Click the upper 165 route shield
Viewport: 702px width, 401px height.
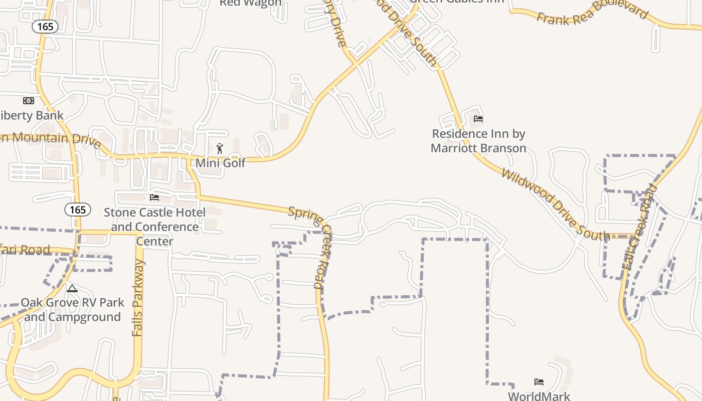point(45,27)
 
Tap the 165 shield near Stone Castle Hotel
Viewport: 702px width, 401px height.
point(78,210)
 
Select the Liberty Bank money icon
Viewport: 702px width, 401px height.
point(29,101)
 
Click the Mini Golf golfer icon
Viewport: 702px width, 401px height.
point(220,148)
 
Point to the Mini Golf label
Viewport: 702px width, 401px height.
point(220,163)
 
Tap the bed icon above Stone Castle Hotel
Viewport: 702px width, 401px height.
point(154,197)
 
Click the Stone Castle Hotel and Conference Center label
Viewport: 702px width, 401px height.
point(154,227)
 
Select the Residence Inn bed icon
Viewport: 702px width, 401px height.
point(478,119)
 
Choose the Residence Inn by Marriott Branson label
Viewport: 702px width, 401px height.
point(478,141)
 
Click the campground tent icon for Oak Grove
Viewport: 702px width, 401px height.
point(72,289)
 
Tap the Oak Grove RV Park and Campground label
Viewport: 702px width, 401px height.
point(72,310)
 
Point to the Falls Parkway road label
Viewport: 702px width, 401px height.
point(138,298)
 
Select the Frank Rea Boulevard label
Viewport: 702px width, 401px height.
point(592,13)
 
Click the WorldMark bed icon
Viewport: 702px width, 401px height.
point(539,382)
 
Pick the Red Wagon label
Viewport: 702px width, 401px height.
point(250,3)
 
